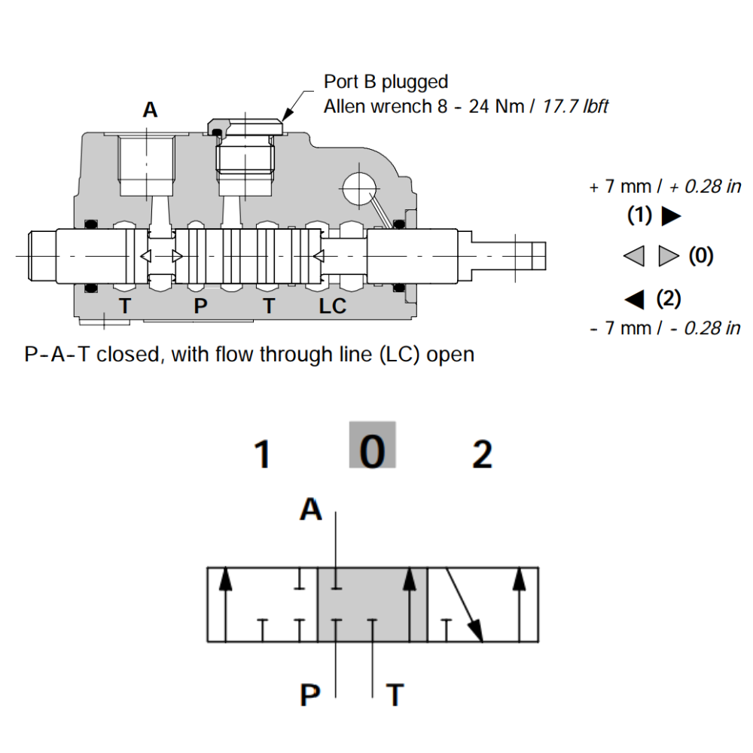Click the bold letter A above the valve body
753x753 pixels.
tap(151, 110)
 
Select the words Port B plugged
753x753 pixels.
tap(386, 81)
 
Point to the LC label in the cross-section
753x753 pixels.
tap(332, 306)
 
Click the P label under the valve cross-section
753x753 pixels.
tap(200, 306)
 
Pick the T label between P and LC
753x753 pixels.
tap(269, 306)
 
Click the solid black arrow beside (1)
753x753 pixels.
tap(670, 217)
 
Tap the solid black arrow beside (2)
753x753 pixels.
tap(635, 300)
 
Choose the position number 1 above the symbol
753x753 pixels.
tap(261, 455)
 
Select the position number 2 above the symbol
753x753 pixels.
tap(482, 455)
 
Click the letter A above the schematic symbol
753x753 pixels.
tap(311, 511)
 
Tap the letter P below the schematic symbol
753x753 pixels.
tap(310, 695)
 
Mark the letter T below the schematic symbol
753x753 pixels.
tap(394, 695)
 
